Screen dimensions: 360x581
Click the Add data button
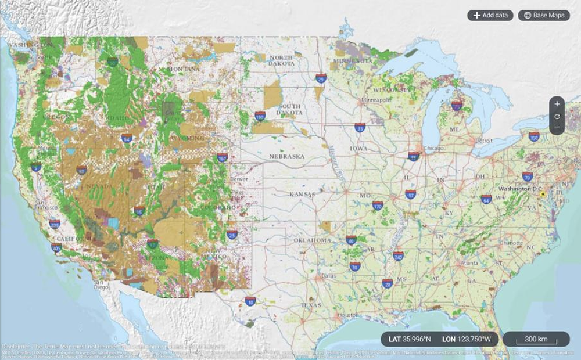pyautogui.click(x=490, y=15)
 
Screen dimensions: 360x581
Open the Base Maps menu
pyautogui.click(x=544, y=15)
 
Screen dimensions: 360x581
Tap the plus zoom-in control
pyautogui.click(x=557, y=104)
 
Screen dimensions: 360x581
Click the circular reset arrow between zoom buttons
pyautogui.click(x=557, y=116)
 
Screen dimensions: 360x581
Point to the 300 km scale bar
pyautogui.click(x=536, y=339)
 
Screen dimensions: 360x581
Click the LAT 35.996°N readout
pyautogui.click(x=411, y=339)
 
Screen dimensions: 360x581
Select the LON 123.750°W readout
pyautogui.click(x=467, y=339)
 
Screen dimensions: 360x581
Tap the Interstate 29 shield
pyautogui.click(x=321, y=77)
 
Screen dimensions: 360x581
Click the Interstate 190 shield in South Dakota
pyautogui.click(x=259, y=117)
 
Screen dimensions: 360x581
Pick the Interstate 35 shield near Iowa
pyautogui.click(x=360, y=128)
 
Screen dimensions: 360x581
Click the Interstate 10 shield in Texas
pyautogui.click(x=250, y=301)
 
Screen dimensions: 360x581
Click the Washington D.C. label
pyautogui.click(x=518, y=189)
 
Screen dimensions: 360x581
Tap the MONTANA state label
pyautogui.click(x=183, y=69)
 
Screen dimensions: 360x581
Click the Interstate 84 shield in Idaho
pyautogui.click(x=127, y=139)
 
